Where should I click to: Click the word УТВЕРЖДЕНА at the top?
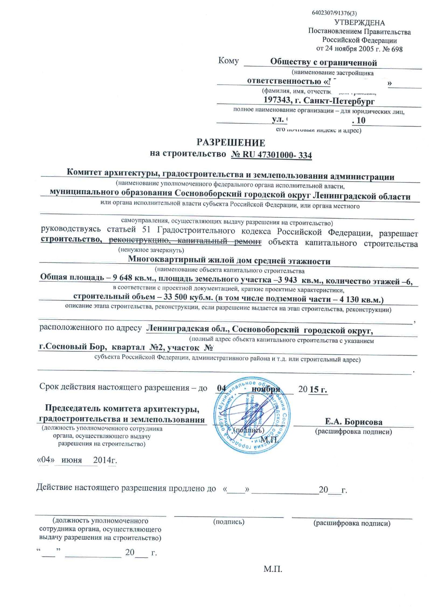tap(359, 23)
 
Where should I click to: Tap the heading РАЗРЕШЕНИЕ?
tap(231, 143)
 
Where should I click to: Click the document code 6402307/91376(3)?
tap(334, 13)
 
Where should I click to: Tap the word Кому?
tap(228, 60)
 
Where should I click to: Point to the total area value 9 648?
tap(122, 278)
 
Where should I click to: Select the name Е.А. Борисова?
tap(353, 422)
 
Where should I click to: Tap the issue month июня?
tap(71, 460)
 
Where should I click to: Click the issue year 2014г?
tap(105, 460)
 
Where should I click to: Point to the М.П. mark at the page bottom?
tap(273, 570)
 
